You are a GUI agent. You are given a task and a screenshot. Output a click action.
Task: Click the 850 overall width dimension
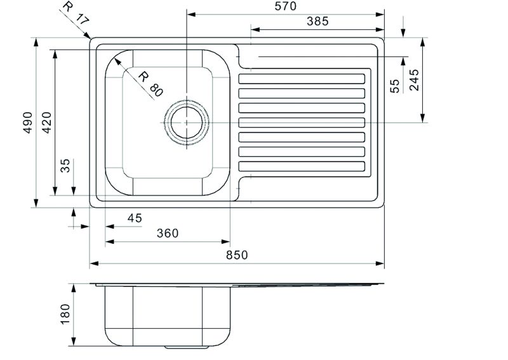[237, 255]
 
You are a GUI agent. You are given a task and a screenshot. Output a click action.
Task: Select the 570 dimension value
[285, 6]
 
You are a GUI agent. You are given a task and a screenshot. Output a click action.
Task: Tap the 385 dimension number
[317, 22]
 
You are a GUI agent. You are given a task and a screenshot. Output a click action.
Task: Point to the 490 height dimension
[28, 123]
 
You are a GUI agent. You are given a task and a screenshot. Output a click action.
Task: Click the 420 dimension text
[47, 123]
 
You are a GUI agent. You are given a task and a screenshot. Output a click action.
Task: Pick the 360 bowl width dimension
[168, 233]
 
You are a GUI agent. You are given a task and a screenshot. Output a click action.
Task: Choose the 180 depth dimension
[65, 314]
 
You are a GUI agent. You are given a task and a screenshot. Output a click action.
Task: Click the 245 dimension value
[414, 80]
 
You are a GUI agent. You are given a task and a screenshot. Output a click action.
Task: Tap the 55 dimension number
[395, 86]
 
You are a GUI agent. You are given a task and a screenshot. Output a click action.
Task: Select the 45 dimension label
[135, 218]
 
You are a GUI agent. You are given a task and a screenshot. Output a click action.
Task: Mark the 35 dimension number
[65, 166]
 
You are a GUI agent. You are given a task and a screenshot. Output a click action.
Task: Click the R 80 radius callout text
[150, 84]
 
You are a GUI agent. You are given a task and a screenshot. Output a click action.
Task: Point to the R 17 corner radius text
[76, 13]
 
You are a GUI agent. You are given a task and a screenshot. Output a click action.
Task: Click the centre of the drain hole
[187, 123]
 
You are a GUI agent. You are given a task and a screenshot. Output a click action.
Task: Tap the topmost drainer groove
[302, 79]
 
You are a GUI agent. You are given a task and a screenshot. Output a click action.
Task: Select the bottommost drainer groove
[302, 166]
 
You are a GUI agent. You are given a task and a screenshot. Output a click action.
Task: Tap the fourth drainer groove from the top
[302, 123]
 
